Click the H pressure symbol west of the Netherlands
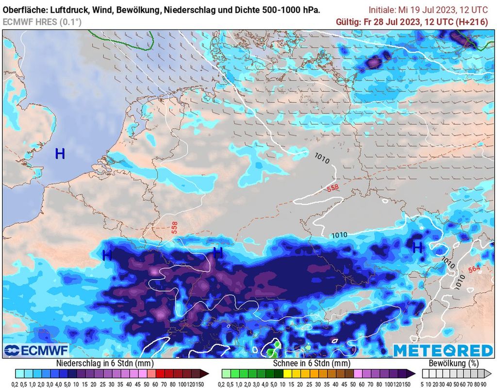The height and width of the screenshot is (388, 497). pyautogui.click(x=60, y=154)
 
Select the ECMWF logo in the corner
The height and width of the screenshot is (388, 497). pyautogui.click(x=36, y=350)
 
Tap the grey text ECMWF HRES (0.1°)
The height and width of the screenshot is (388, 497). pyautogui.click(x=42, y=22)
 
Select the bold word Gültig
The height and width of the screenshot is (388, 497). pyautogui.click(x=348, y=22)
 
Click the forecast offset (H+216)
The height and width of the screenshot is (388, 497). pyautogui.click(x=471, y=22)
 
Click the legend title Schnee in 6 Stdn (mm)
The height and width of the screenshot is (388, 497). pyautogui.click(x=312, y=363)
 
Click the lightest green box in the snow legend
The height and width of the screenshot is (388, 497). pyautogui.click(x=227, y=373)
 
